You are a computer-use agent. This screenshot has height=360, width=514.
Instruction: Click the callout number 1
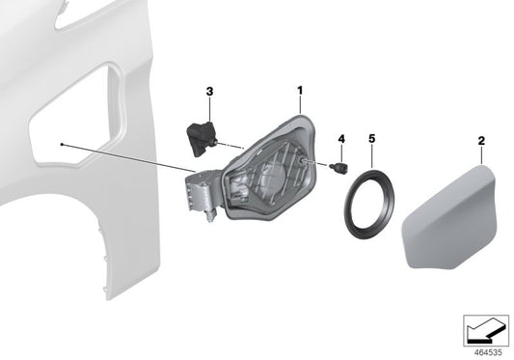[300, 91]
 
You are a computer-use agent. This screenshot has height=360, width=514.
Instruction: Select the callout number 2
[481, 141]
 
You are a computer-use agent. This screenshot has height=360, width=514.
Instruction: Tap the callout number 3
[209, 92]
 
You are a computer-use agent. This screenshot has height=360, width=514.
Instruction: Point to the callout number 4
[341, 139]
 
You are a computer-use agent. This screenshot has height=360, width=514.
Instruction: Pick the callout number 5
[371, 138]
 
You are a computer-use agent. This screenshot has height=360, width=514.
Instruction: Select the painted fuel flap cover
[449, 217]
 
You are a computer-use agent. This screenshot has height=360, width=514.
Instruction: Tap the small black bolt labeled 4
[339, 167]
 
